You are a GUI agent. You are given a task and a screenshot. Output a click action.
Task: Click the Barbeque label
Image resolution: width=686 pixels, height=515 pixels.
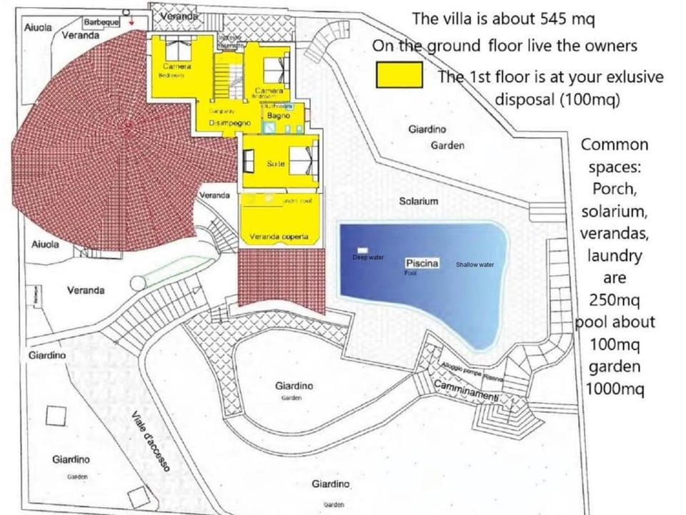coord(101,23)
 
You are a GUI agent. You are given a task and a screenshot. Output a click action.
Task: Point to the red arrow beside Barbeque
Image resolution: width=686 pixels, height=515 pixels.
coord(131,22)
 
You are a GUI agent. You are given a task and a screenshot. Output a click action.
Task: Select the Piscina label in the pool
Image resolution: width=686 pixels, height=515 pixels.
coord(422,263)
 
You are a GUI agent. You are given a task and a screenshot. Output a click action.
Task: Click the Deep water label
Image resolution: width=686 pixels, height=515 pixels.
coord(368,257)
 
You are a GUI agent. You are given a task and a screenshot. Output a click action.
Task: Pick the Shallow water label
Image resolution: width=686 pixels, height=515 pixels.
coord(474,265)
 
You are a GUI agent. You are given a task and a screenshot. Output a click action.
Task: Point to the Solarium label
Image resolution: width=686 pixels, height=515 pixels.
coord(418,202)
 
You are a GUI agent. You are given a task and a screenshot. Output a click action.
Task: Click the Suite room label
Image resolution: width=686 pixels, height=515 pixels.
coord(276,164)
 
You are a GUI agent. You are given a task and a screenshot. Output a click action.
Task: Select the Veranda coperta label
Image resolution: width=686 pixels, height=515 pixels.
coord(279,237)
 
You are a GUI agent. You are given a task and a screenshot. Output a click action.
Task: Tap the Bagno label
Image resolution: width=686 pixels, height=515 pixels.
coord(279,115)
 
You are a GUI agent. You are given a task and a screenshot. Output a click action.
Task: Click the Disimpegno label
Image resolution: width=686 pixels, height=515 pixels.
coord(229,123)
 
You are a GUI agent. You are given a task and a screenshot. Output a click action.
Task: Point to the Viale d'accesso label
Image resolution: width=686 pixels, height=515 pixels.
coord(151,441)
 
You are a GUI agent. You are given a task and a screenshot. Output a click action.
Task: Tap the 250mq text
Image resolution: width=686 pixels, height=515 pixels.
coord(614,300)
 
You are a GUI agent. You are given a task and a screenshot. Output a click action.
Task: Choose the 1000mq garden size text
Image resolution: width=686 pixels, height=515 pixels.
coord(614,389)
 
